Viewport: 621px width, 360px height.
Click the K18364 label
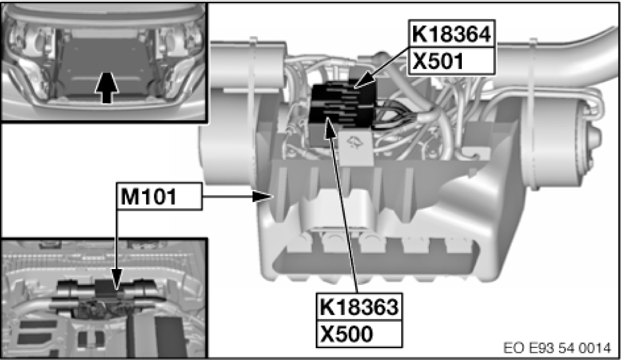click(x=452, y=34)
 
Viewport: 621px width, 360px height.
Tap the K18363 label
click(x=359, y=307)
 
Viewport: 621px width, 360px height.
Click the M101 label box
click(x=159, y=196)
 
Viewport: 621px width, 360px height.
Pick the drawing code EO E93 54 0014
click(x=557, y=348)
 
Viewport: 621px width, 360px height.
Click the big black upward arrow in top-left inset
click(x=107, y=88)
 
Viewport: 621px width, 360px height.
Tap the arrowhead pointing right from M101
click(x=263, y=196)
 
